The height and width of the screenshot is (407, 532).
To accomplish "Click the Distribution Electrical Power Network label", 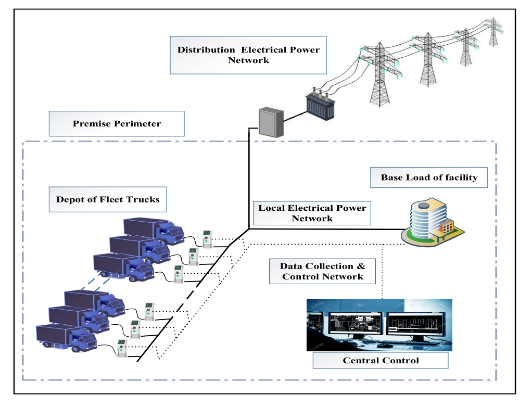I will [248, 55].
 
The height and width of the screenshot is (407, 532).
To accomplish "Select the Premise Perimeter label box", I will [117, 124].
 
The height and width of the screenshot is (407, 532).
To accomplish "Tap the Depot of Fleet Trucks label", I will [108, 199].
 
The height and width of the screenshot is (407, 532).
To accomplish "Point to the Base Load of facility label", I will [429, 177].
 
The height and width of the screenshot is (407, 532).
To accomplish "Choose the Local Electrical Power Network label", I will [312, 213].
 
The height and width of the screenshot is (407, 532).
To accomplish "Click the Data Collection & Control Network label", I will [322, 271].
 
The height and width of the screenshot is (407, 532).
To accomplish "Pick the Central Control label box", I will [380, 360].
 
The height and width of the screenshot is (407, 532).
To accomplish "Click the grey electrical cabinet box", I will [271, 122].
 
